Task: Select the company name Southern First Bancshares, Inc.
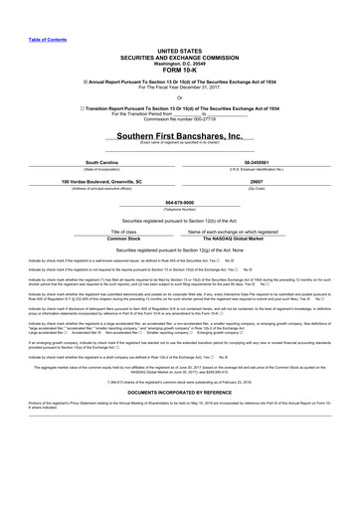[179, 134]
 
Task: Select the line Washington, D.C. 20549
[179, 57]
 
